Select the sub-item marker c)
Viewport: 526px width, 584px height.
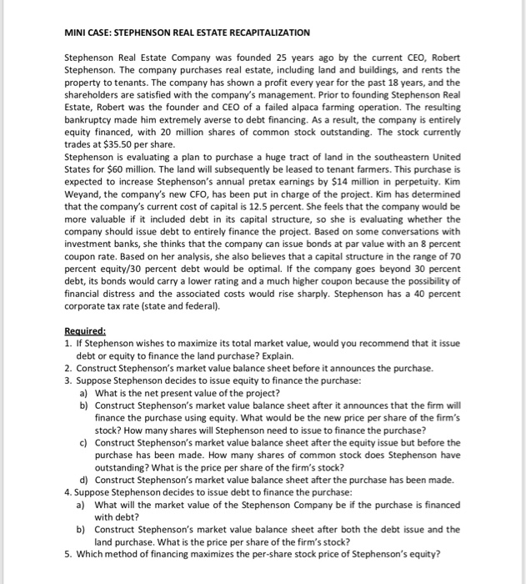pos(83,442)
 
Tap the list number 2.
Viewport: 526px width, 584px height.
pos(68,367)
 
